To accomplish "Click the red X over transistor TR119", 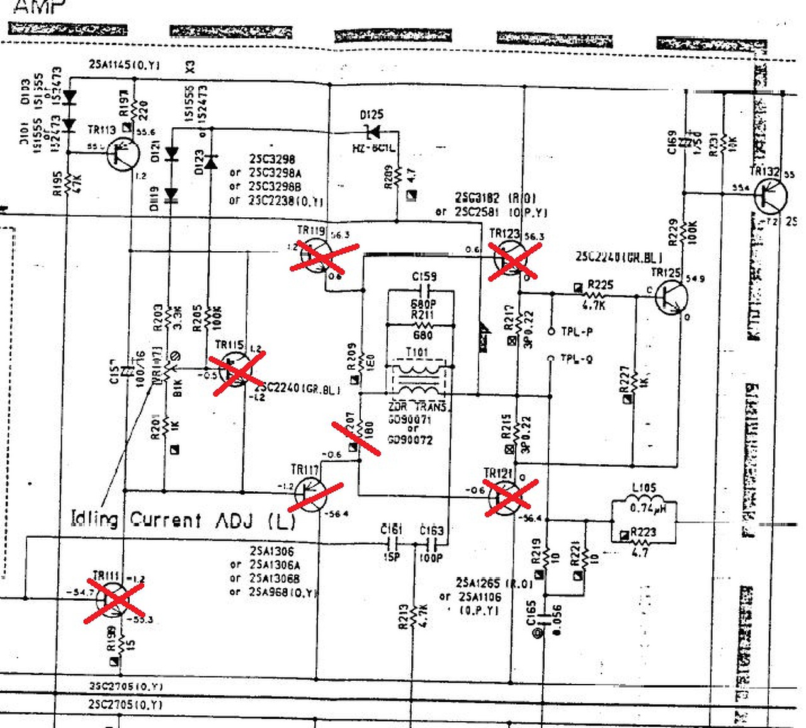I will (323, 256).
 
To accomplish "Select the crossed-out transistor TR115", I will (237, 372).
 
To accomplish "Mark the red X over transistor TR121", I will (510, 497).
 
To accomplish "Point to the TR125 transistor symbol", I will (670, 297).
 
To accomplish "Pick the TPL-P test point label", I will (577, 331).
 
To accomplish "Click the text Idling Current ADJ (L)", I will (183, 520).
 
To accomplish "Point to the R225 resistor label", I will (600, 285).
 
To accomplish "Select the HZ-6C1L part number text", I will (374, 148).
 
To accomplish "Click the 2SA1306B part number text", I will (274, 578).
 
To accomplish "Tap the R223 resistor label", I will (644, 532).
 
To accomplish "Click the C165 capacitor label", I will (531, 614).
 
